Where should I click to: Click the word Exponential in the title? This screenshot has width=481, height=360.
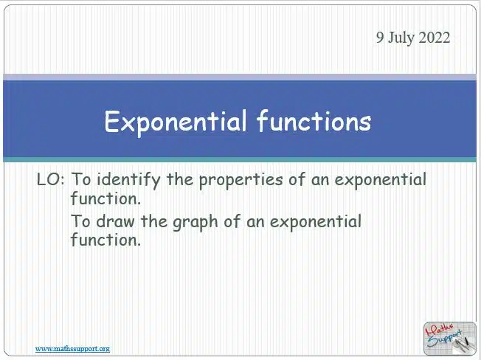[x=175, y=122]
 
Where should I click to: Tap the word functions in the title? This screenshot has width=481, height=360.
[x=314, y=121]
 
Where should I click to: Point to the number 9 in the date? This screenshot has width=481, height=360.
[x=380, y=38]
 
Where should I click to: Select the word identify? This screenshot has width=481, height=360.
[x=128, y=180]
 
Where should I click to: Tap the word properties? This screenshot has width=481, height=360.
[x=240, y=180]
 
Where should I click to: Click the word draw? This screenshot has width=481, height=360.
[x=115, y=221]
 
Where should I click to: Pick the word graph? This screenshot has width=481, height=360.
[x=195, y=222]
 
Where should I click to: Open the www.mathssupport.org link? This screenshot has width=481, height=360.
[x=72, y=349]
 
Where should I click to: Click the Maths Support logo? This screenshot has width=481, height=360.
[x=449, y=338]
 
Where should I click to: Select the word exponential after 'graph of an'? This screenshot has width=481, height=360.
[x=316, y=222]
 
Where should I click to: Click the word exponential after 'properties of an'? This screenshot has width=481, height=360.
[x=381, y=180]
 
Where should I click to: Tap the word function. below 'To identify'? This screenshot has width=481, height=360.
[x=105, y=198]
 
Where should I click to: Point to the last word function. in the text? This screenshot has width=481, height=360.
[x=105, y=240]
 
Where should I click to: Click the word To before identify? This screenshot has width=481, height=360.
[x=81, y=179]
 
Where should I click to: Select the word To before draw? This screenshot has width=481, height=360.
[x=81, y=221]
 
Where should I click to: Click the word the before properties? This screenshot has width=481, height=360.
[x=180, y=179]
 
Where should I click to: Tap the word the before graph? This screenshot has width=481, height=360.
[x=154, y=221]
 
